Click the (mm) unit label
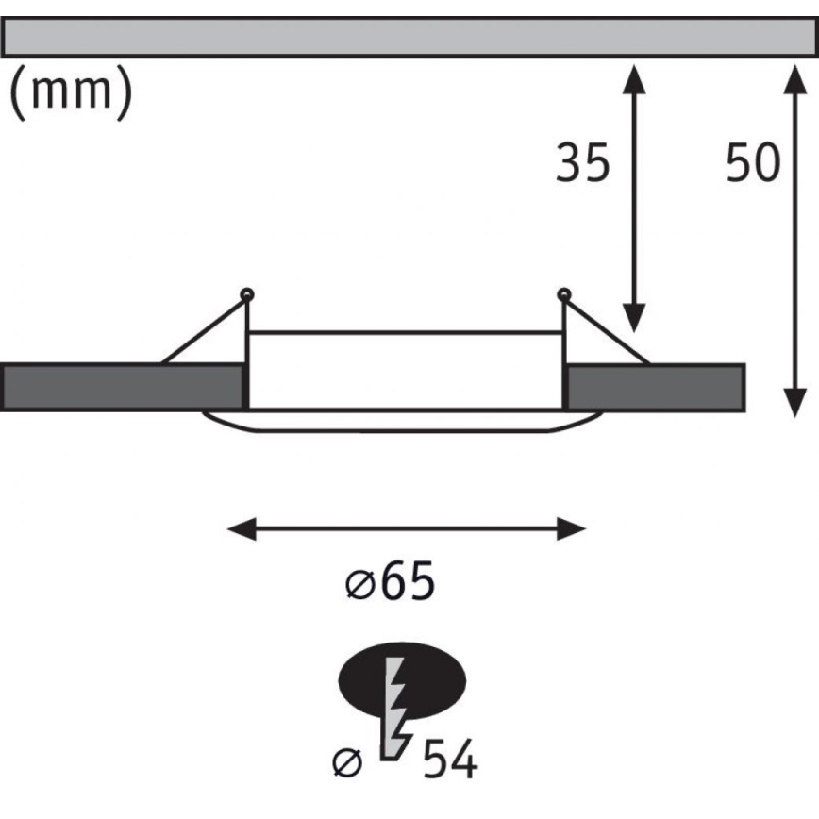[71, 93]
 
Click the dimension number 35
[582, 162]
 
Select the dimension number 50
[753, 162]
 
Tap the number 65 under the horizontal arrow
[408, 581]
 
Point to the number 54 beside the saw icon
[450, 760]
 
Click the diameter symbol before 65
[360, 584]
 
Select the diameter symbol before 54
[347, 763]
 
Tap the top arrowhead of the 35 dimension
[634, 79]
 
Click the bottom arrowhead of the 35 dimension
[634, 318]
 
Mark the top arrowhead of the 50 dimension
[795, 79]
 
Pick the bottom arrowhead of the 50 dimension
[795, 403]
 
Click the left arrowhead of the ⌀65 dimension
[242, 529]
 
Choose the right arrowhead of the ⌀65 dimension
[572, 529]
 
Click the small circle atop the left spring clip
[247, 294]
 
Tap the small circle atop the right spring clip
[564, 294]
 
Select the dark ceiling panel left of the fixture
[123, 387]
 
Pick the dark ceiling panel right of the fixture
[656, 387]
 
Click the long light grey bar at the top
[409, 37]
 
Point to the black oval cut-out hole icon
[402, 680]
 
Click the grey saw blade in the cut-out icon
[395, 709]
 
